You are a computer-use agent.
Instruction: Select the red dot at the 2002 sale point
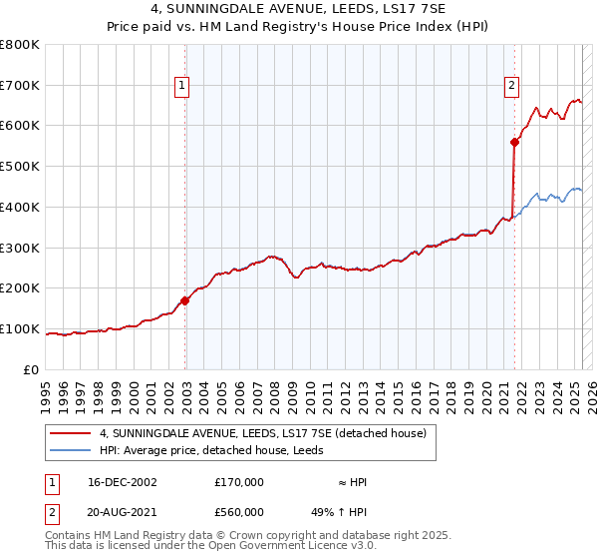pos(185,300)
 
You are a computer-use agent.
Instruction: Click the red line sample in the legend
pos(71,433)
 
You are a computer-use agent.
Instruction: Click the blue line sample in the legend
pos(71,450)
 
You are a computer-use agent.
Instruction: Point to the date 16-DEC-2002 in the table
pos(123,482)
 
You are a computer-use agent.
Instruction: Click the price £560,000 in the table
pos(239,512)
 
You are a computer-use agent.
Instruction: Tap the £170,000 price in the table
pos(239,482)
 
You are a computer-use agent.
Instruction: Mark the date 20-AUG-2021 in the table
pos(123,512)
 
